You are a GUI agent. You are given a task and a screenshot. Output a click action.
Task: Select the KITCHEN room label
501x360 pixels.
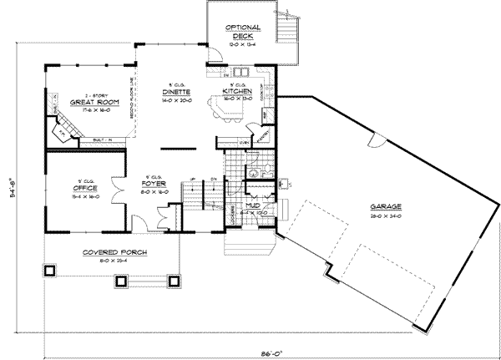click(237, 92)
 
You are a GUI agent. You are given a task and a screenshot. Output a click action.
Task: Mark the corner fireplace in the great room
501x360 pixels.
click(61, 130)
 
